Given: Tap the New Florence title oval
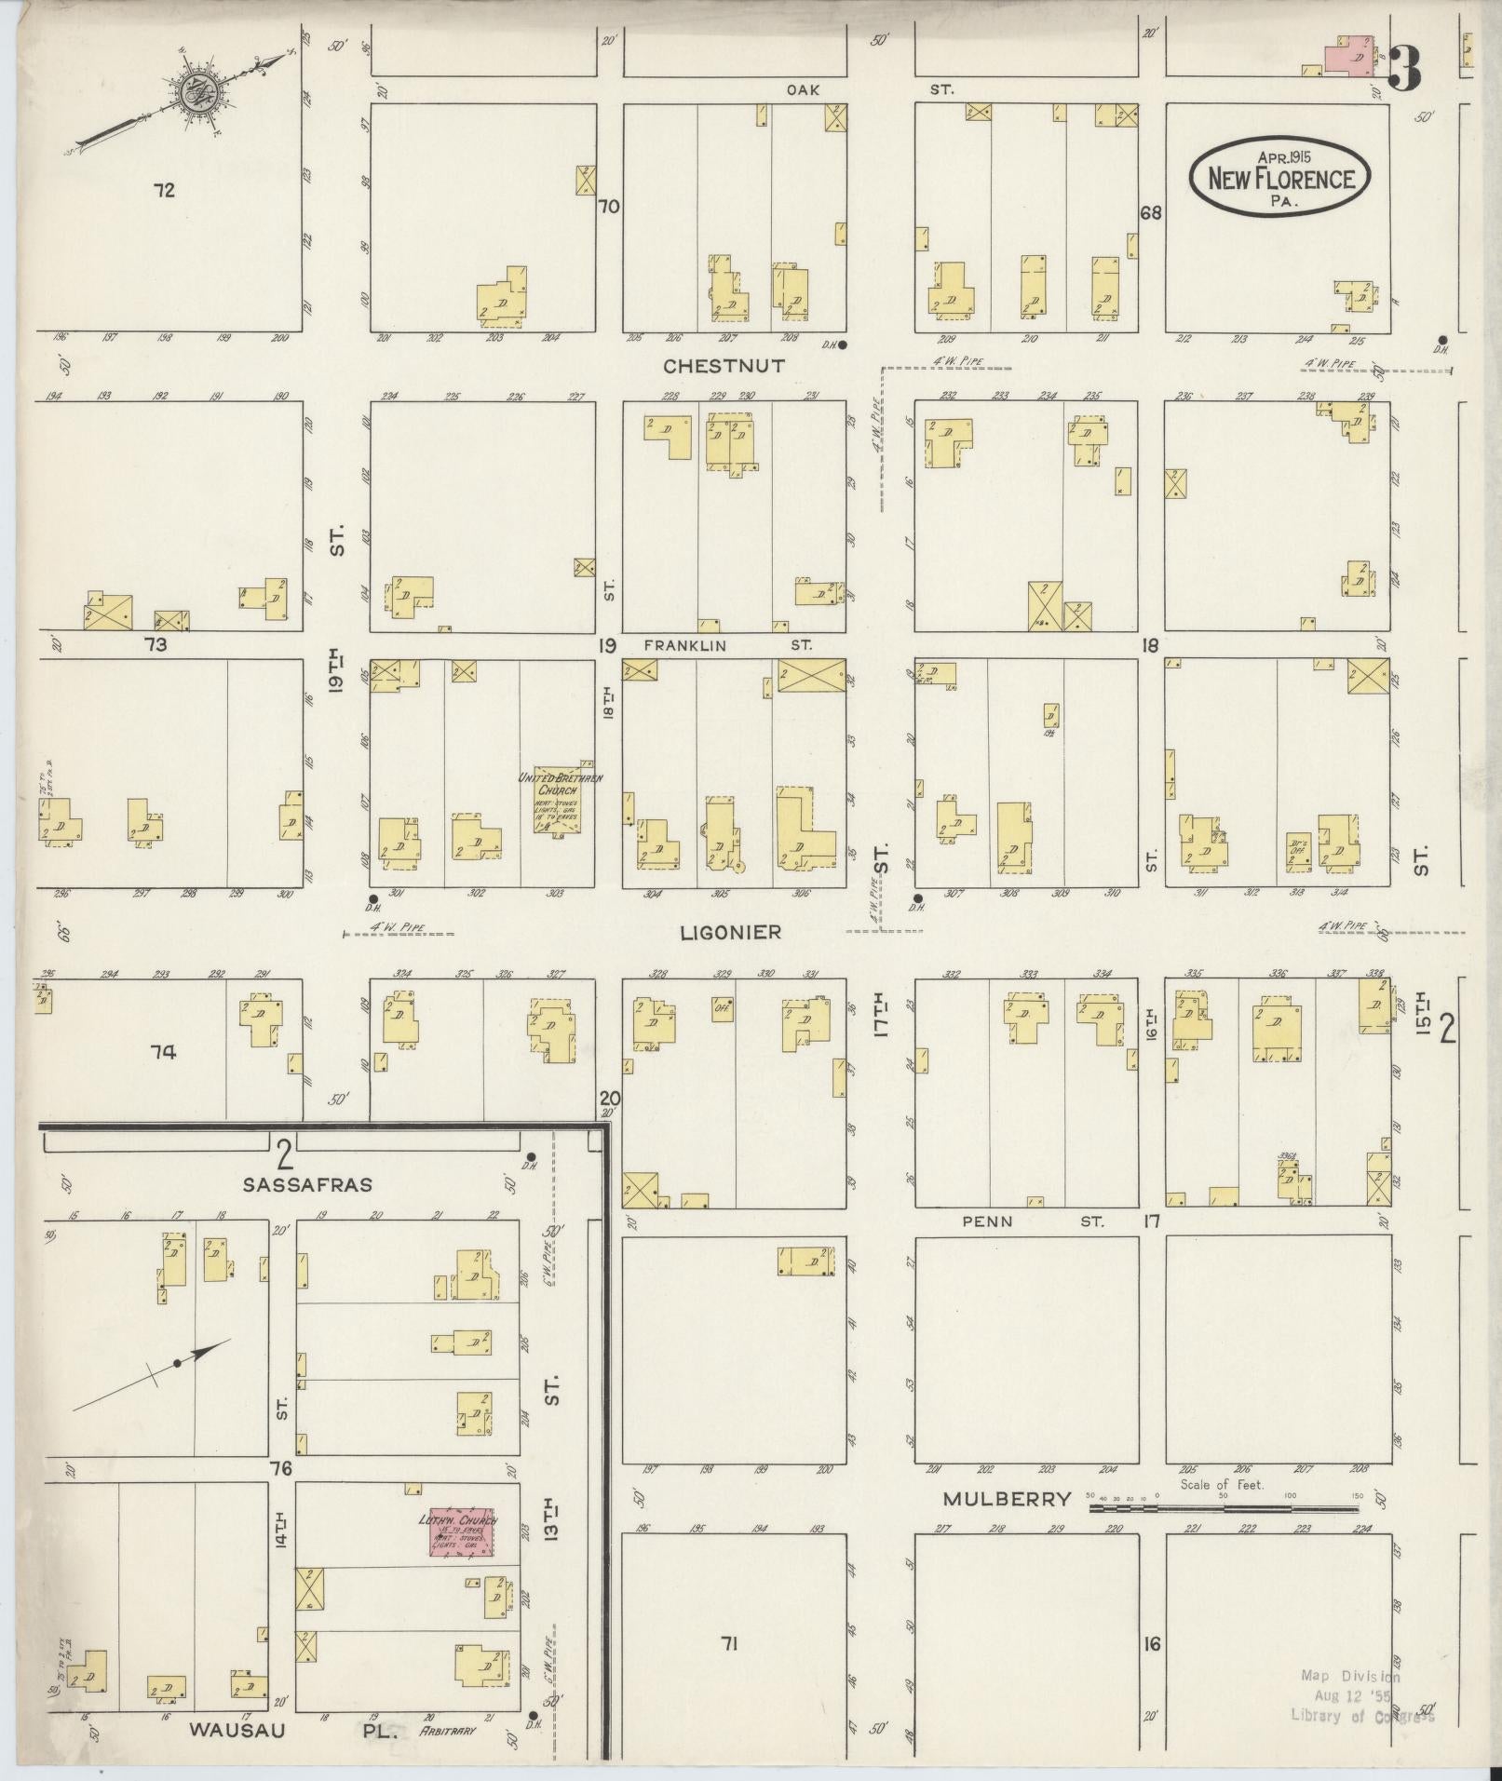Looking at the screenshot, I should point(1279,178).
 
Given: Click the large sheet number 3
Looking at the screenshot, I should point(1406,68).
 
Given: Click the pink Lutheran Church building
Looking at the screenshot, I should point(460,1531).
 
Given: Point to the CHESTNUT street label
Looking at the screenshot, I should point(723,367).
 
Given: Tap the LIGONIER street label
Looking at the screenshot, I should point(730,932).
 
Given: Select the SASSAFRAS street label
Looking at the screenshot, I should point(307,1185).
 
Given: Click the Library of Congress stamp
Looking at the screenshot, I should point(1362,1696).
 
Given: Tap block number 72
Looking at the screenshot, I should point(164,191).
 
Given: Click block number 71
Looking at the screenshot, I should point(728,1644).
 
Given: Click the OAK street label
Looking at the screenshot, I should point(802,89).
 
